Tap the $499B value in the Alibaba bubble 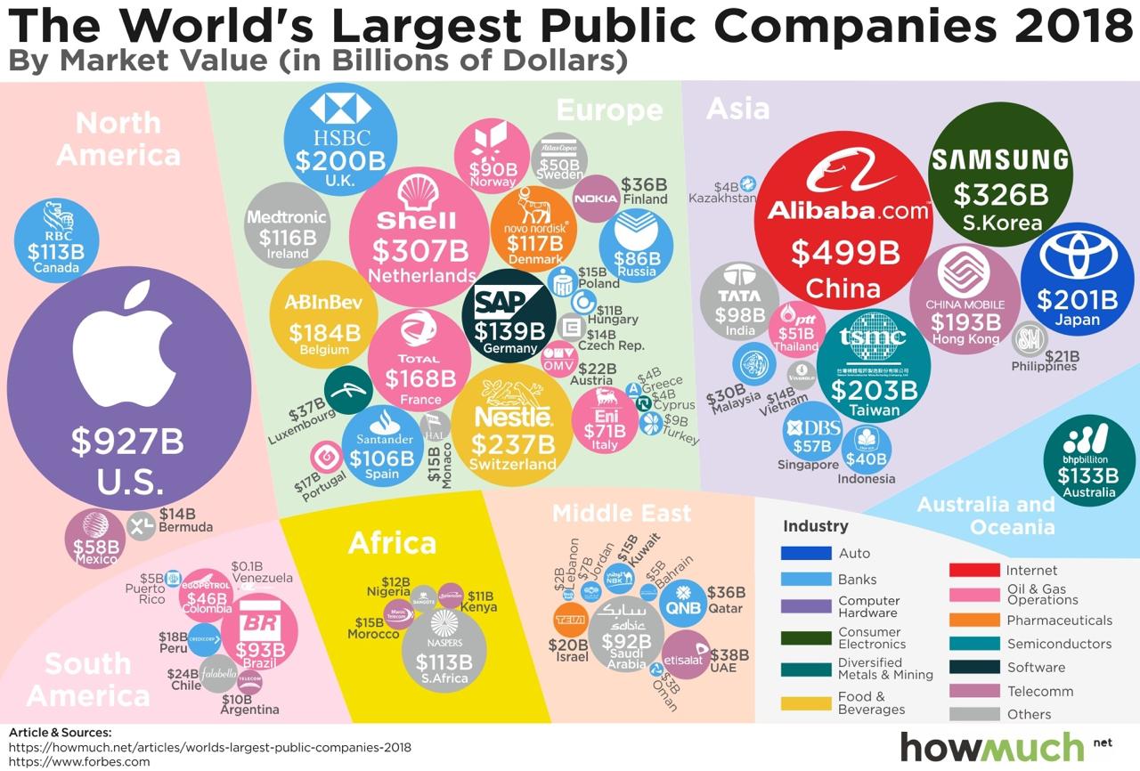coord(843,253)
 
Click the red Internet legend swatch coord(973,571)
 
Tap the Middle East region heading coord(621,514)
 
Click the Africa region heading coord(392,542)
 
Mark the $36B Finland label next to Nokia coord(644,191)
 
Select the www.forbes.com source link coord(79,761)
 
